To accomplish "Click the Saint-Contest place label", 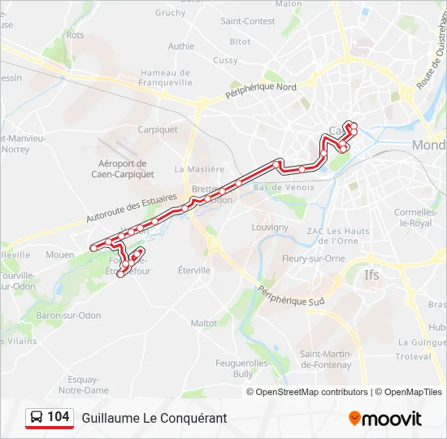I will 248,21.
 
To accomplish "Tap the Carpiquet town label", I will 158,129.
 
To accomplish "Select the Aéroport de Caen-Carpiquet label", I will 121,167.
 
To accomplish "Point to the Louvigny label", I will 270,227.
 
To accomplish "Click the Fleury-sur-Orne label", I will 313,259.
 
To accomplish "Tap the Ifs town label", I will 372,274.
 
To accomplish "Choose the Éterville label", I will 194,270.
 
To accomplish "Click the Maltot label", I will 204,323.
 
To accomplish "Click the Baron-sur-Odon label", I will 68,315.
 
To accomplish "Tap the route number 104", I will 59,417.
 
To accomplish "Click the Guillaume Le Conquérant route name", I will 154,418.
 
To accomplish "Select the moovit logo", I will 385,419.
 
